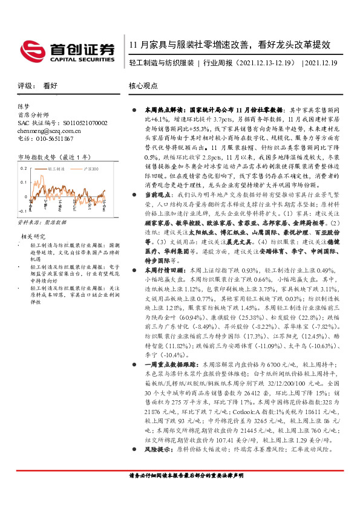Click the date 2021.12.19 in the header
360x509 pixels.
pos(324,62)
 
